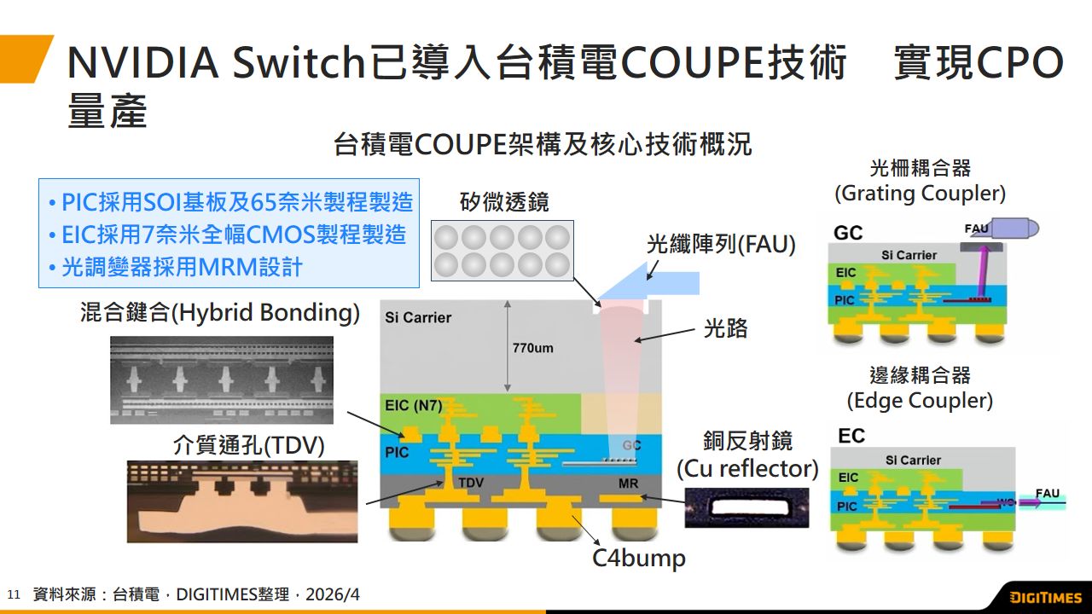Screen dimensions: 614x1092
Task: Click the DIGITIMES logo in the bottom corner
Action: tap(1044, 597)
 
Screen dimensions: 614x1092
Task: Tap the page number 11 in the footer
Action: tap(13, 594)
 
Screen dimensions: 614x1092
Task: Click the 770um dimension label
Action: tap(533, 348)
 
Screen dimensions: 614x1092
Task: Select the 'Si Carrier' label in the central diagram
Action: tap(418, 317)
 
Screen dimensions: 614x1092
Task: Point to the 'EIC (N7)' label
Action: tap(414, 406)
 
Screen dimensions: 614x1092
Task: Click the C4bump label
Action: tap(639, 559)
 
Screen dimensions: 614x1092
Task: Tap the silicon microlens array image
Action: tap(502, 251)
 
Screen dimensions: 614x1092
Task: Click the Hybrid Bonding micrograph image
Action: tap(222, 380)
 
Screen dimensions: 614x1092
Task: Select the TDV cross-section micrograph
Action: tap(242, 501)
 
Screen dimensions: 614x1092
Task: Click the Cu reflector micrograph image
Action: tap(746, 507)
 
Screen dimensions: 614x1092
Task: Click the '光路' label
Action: tap(725, 328)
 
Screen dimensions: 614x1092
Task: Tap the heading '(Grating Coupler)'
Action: tap(920, 194)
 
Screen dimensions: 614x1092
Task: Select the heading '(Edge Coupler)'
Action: tap(920, 400)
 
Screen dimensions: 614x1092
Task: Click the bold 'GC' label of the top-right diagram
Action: tap(848, 233)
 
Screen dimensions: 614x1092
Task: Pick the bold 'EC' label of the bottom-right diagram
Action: tap(851, 437)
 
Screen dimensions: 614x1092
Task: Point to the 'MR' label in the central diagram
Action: tap(629, 482)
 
